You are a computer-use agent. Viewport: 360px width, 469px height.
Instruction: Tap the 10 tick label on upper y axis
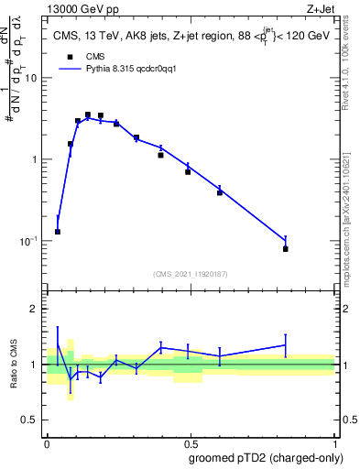31,78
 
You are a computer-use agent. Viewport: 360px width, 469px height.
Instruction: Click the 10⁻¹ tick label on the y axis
29,241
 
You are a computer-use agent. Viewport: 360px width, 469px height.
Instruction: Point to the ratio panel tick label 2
35,309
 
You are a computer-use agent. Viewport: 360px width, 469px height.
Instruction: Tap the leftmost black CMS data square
58,232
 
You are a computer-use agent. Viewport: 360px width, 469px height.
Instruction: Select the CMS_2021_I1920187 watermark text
190,272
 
